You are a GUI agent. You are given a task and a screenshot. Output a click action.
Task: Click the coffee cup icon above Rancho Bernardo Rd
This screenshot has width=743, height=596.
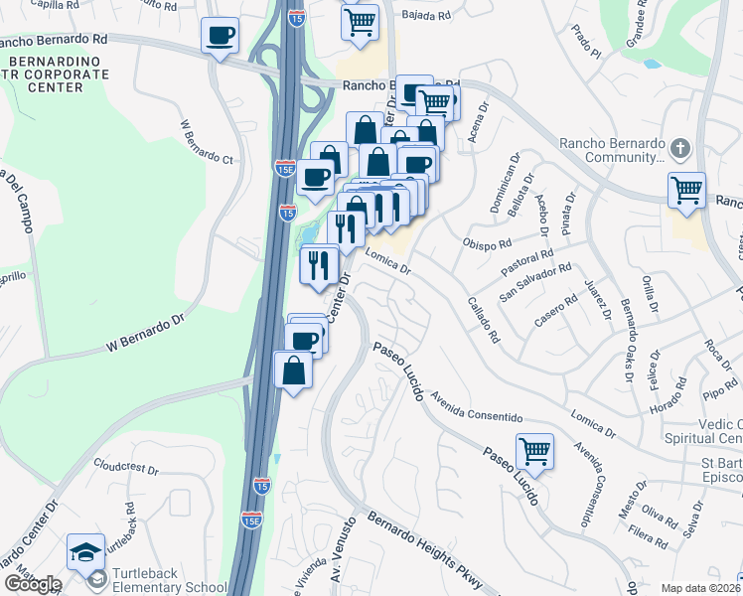[220, 36]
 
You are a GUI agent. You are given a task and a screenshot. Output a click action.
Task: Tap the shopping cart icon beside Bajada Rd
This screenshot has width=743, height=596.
[360, 21]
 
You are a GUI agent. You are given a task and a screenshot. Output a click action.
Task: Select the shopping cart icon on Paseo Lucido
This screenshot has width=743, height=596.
[535, 452]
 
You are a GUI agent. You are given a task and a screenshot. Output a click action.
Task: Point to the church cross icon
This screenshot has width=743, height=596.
[679, 148]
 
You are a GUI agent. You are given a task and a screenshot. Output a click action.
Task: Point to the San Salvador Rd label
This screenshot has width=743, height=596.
[536, 281]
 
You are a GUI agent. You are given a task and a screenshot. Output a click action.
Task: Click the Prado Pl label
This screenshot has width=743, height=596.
[587, 42]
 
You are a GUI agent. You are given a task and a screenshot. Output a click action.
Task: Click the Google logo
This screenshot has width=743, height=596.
[33, 583]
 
